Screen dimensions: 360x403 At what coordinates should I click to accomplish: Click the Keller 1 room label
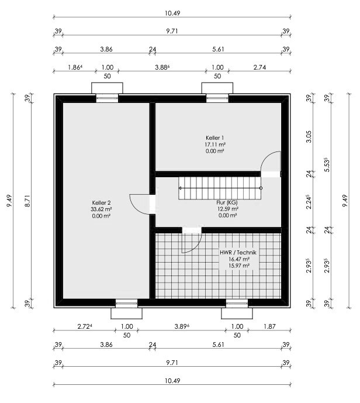click(x=215, y=138)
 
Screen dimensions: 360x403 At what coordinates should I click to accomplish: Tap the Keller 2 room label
click(x=101, y=202)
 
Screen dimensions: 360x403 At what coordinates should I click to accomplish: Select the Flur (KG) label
click(x=227, y=202)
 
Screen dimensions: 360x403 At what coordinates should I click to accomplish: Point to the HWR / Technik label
click(x=238, y=253)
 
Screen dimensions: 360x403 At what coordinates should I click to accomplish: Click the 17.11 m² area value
click(x=215, y=144)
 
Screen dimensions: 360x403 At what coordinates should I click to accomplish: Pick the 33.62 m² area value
click(x=101, y=209)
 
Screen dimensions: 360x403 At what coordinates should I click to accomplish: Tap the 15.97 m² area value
click(x=239, y=266)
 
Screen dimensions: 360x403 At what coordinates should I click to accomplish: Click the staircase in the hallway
click(x=220, y=188)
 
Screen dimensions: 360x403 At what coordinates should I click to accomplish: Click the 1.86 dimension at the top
click(x=75, y=67)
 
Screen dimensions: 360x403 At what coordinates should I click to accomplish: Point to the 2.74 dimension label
click(x=259, y=67)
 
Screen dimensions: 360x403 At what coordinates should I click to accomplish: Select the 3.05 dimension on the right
click(x=309, y=137)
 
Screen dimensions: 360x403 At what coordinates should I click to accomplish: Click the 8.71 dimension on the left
click(x=27, y=201)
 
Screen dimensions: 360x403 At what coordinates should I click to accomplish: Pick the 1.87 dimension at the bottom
click(x=269, y=326)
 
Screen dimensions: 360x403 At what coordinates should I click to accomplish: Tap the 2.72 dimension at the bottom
click(x=85, y=326)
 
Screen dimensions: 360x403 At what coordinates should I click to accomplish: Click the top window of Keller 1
click(x=217, y=98)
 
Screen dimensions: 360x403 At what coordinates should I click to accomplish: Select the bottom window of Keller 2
click(x=126, y=304)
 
